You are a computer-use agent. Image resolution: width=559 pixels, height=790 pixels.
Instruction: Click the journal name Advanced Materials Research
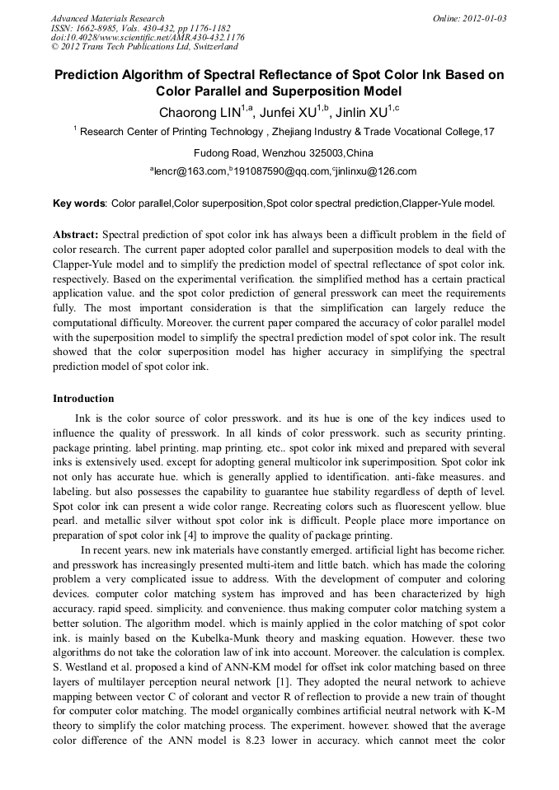tap(107, 18)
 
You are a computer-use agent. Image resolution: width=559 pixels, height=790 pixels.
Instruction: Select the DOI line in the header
tap(147, 37)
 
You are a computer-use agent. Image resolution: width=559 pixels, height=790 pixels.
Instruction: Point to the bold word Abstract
tap(76, 235)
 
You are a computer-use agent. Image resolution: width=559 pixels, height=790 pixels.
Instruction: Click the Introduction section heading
tap(83, 399)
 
